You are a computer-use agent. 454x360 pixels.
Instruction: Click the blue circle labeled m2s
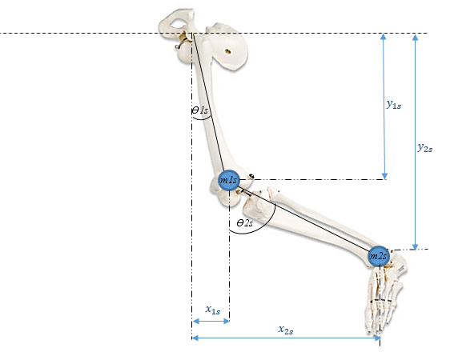coord(379,256)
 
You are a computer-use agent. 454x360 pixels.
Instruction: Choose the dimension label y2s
coord(426,147)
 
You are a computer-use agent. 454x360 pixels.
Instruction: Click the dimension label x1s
coord(212,309)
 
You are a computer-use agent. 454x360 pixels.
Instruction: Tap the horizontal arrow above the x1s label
coord(211,321)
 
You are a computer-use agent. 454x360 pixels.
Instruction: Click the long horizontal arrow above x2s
coord(286,338)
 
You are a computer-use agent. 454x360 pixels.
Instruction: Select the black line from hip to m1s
coord(210,108)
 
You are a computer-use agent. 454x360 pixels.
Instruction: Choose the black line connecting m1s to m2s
coord(304,218)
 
